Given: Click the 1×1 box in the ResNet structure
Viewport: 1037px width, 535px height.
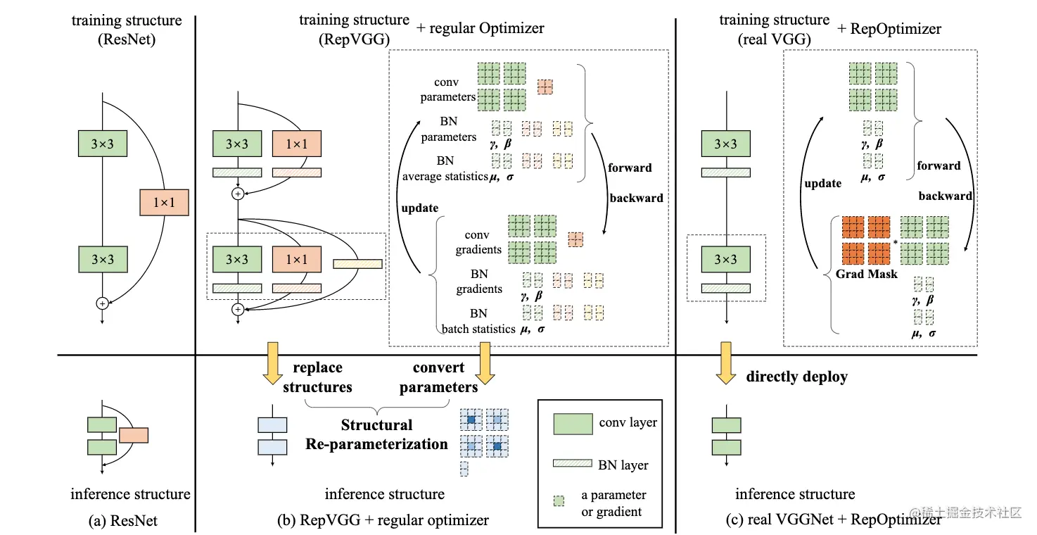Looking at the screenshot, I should pyautogui.click(x=164, y=203).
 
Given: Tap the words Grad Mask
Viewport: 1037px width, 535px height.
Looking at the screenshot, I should pyautogui.click(x=867, y=274).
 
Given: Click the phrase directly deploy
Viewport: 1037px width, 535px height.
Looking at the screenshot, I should pyautogui.click(x=796, y=377).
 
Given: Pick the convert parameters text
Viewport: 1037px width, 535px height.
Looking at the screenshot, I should pyautogui.click(x=439, y=377).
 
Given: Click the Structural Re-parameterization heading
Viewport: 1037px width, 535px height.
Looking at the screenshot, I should pyautogui.click(x=377, y=434).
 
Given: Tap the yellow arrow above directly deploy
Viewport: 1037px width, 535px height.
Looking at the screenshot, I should pyautogui.click(x=725, y=363).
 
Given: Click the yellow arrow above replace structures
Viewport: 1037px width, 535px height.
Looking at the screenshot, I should pyautogui.click(x=272, y=363).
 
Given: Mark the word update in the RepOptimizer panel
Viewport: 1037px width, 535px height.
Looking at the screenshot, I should pyautogui.click(x=822, y=183).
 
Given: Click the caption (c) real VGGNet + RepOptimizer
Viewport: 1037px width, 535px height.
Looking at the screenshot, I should pyautogui.click(x=833, y=521).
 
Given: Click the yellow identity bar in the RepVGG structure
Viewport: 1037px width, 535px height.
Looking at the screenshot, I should pyautogui.click(x=357, y=264).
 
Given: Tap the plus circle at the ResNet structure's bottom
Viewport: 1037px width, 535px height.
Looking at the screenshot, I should pyautogui.click(x=103, y=303).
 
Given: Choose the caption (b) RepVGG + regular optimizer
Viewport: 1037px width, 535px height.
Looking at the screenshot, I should pyautogui.click(x=384, y=521).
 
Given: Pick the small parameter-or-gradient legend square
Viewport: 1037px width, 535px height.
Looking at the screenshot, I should pyautogui.click(x=559, y=502).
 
